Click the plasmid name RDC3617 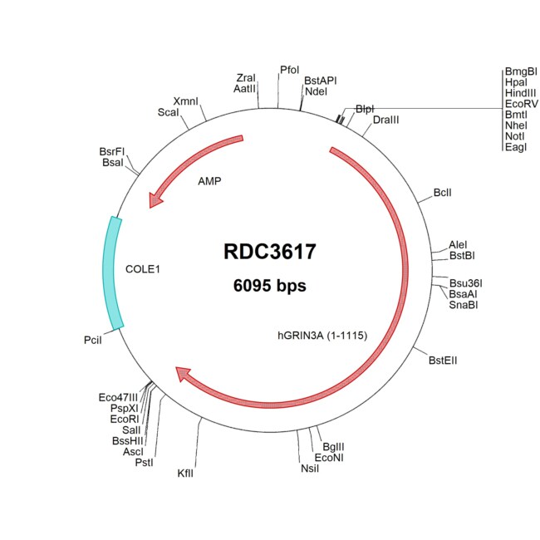point(270,252)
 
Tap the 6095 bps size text point(270,286)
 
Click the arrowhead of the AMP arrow point(155,199)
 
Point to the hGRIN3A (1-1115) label point(322,336)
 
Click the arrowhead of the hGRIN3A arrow point(184,374)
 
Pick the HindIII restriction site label point(520,93)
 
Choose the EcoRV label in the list point(522,104)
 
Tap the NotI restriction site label point(515,136)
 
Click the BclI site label point(442,193)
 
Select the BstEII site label point(443,361)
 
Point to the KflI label point(185,474)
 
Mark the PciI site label point(93,340)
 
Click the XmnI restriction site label point(185,101)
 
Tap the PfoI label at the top point(290,70)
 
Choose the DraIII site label point(385,120)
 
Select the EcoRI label point(125,419)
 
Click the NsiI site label point(310,469)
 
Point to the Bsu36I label point(465,283)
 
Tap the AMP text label point(209,181)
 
